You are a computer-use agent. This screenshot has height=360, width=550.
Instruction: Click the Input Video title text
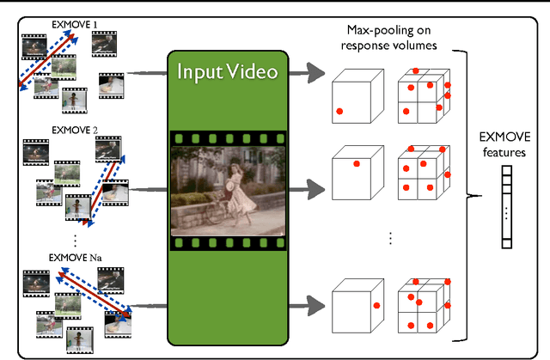click(227, 70)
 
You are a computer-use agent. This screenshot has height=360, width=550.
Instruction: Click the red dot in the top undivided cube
click(339, 111)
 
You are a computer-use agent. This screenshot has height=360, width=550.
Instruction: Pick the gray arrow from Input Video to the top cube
click(306, 75)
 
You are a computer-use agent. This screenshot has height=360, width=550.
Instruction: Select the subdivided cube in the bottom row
click(421, 304)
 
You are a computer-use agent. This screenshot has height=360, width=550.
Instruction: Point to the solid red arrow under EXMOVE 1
click(56, 60)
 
